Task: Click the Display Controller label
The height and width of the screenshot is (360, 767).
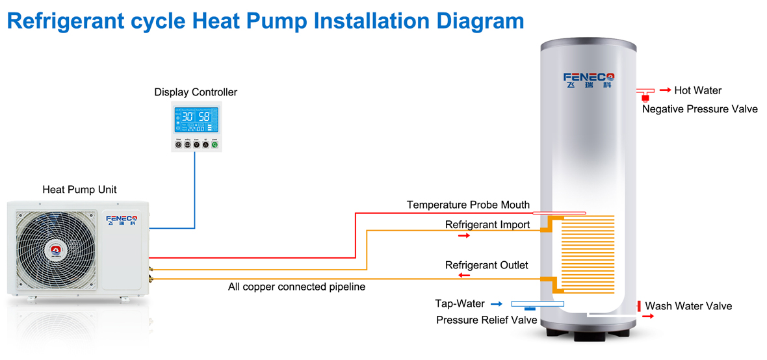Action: (x=196, y=92)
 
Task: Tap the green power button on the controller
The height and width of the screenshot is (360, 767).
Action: (x=214, y=145)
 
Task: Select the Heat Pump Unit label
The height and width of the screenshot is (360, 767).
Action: (x=79, y=190)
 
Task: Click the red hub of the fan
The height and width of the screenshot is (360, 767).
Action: (x=55, y=250)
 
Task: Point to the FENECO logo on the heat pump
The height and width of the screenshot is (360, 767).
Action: (x=121, y=218)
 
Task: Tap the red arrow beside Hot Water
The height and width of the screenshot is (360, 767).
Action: (x=666, y=90)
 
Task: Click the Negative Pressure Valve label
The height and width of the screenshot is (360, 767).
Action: (x=699, y=109)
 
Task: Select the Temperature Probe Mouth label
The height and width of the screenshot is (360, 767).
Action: (x=468, y=205)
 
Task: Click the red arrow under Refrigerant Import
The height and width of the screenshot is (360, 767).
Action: (x=463, y=235)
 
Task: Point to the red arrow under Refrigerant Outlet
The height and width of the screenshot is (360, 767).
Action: (x=464, y=276)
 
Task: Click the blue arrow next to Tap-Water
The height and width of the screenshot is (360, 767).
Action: (x=497, y=303)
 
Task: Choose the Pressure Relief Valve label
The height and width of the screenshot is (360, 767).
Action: (x=486, y=320)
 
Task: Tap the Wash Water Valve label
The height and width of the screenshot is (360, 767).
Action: (x=688, y=306)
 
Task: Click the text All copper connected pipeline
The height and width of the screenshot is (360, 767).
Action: (x=296, y=287)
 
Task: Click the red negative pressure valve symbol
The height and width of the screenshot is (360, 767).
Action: (x=645, y=97)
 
